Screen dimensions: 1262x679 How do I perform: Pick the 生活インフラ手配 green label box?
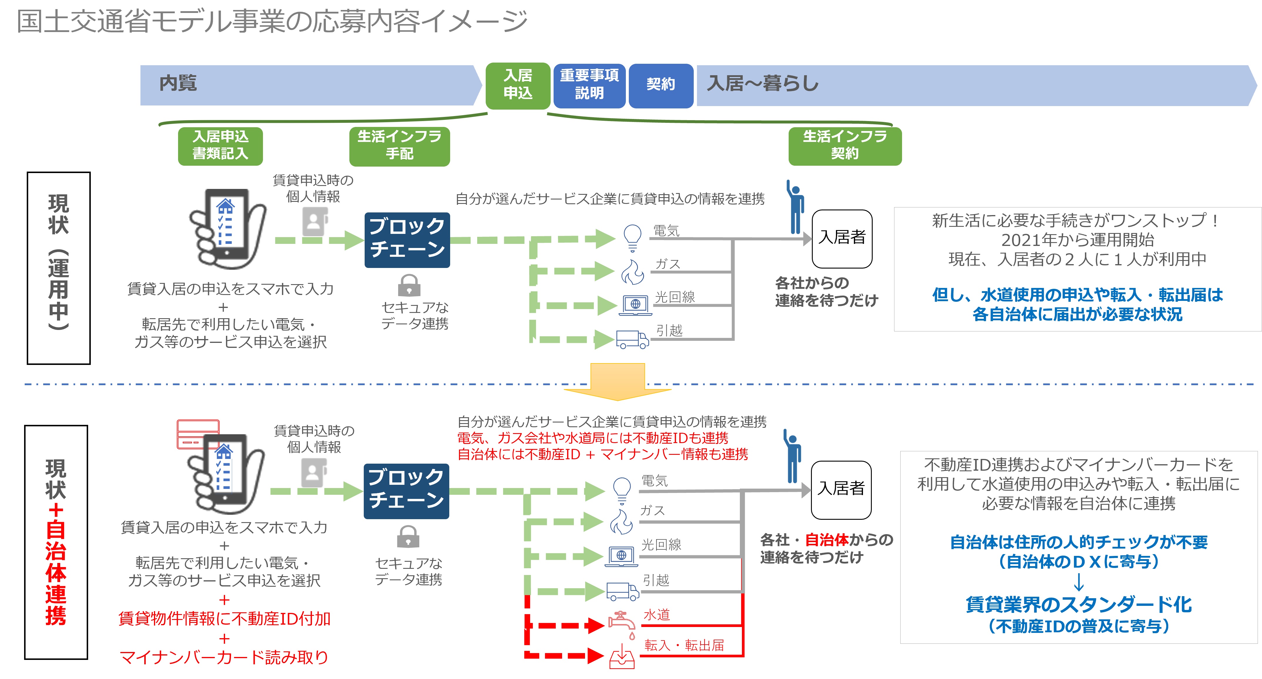(399, 146)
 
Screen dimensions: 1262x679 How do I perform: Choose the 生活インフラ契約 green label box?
(845, 146)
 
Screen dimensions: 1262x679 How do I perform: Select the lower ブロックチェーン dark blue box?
(406, 491)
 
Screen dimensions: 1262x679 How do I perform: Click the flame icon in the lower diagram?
(621, 522)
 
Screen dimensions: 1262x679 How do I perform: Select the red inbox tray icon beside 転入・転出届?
(622, 656)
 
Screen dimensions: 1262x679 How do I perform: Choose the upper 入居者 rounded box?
(842, 239)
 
